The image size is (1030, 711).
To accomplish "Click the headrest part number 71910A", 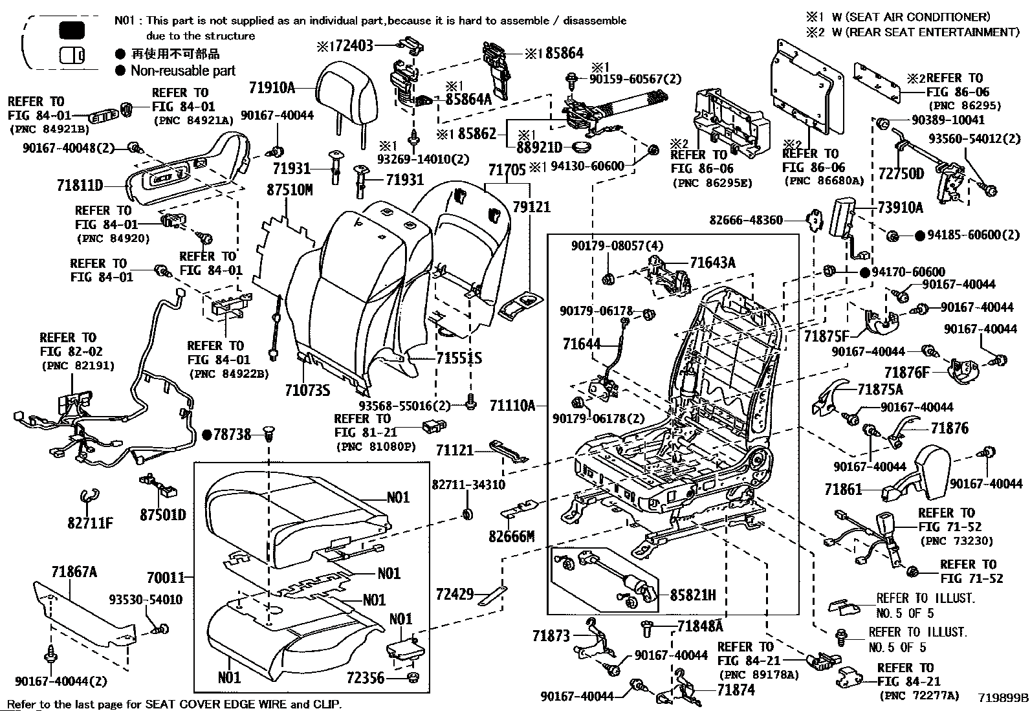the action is [272, 87].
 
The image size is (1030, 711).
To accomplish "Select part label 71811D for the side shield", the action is [80, 186].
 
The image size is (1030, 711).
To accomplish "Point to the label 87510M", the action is [290, 190].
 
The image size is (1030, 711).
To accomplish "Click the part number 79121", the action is [532, 207].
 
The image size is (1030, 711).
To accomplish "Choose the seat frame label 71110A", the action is [512, 406].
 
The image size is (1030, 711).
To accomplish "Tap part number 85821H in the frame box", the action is [693, 595].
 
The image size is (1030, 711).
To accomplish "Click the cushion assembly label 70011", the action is [166, 577].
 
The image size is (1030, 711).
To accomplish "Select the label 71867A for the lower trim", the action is [74, 572].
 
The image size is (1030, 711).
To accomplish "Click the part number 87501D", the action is [163, 514].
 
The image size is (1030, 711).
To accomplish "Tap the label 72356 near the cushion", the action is [366, 678].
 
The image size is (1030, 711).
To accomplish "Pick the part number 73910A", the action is [901, 208].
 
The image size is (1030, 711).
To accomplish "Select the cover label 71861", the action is [843, 489].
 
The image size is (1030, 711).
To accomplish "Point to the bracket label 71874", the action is [736, 690].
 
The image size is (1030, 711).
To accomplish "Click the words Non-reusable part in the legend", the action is [183, 71].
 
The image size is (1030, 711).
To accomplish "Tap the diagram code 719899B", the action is [1002, 697].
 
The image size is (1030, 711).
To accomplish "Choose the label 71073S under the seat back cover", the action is [307, 391].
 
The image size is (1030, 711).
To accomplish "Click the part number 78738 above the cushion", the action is [232, 434].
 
